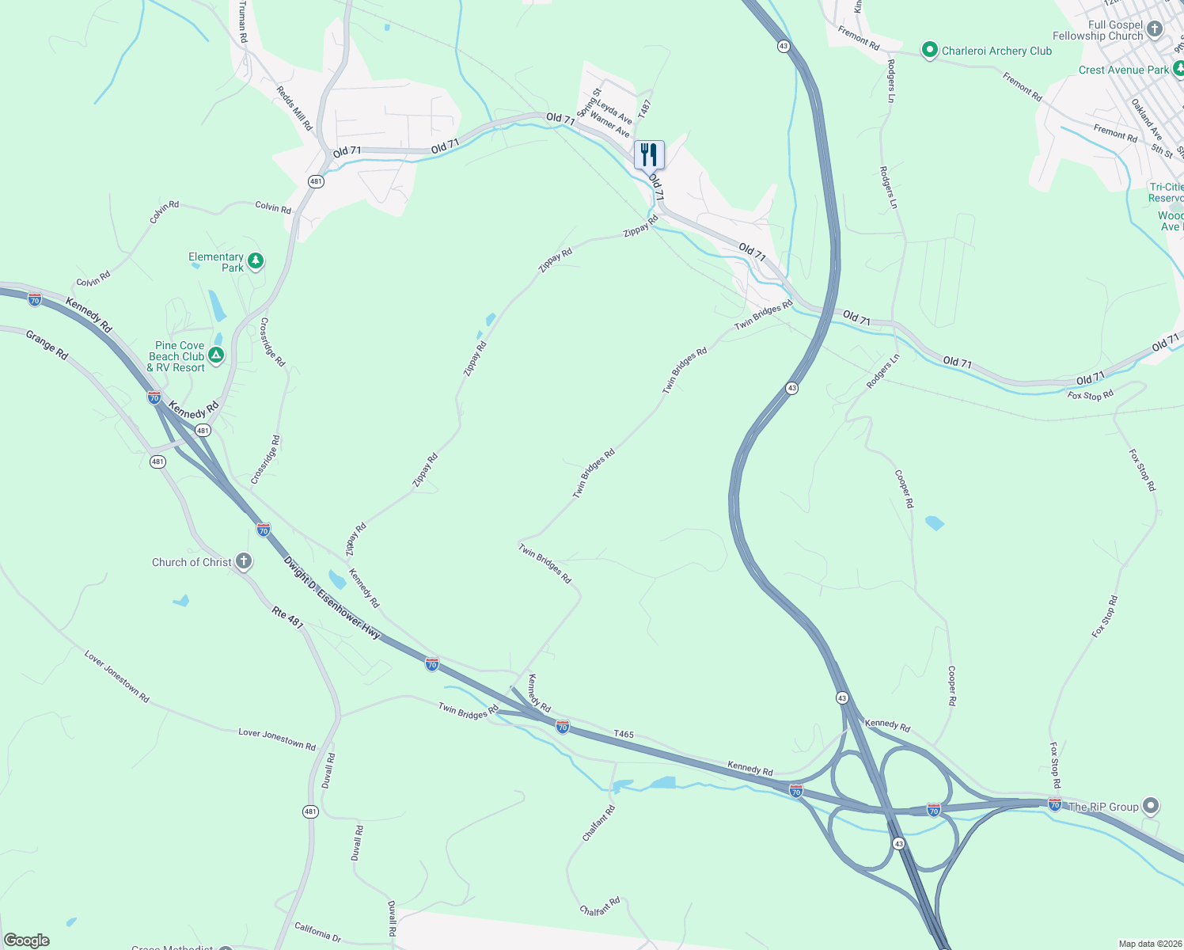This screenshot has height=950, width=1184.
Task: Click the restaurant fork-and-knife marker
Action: click(649, 154)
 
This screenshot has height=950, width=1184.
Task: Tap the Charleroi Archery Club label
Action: click(996, 51)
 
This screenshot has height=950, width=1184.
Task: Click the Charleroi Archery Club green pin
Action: click(930, 51)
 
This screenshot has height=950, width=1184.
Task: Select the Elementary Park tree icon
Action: click(255, 260)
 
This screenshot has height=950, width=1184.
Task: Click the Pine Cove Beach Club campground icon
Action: click(216, 355)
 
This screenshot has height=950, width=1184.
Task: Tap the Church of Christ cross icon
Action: click(244, 561)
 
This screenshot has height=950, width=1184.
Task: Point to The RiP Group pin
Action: click(1151, 807)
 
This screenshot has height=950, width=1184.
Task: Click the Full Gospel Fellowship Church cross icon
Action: click(1155, 30)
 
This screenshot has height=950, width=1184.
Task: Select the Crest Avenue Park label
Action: click(1123, 70)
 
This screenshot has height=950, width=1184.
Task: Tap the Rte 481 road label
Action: click(288, 617)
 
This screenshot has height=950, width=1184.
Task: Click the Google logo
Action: click(27, 940)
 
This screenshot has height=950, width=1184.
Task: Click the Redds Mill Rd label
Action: click(294, 108)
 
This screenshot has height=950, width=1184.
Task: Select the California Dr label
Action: click(317, 932)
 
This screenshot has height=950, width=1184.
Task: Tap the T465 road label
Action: click(624, 735)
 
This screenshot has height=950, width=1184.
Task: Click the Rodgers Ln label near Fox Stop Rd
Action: click(882, 371)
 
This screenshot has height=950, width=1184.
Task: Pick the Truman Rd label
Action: click(243, 21)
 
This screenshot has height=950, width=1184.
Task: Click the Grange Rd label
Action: click(47, 345)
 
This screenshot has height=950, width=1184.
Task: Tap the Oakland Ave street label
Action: click(1146, 119)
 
